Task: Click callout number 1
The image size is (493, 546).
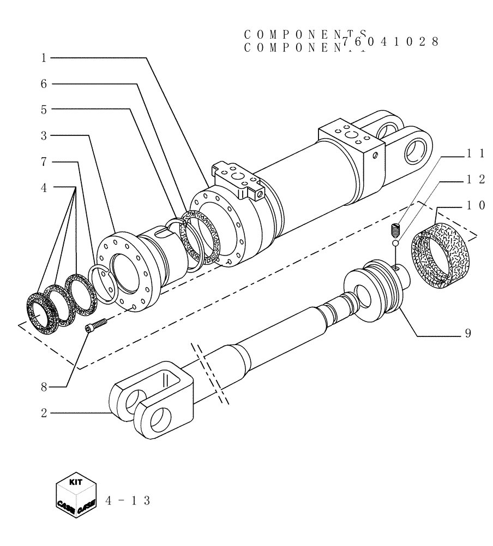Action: tap(44, 57)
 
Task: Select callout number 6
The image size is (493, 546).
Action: tap(44, 84)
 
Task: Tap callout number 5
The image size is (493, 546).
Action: tap(44, 109)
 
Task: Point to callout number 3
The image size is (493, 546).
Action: tap(44, 135)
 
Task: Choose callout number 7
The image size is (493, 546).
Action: tap(44, 162)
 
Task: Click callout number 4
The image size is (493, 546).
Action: tap(44, 187)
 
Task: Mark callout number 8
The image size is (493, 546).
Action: tap(44, 387)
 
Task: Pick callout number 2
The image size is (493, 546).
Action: tap(44, 413)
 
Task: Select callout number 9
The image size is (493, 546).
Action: tap(468, 333)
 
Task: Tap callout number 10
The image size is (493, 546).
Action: tap(472, 205)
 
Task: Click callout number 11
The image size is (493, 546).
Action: tap(472, 155)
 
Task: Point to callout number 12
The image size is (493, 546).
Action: tap(472, 180)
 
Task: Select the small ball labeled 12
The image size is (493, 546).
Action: tap(396, 244)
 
